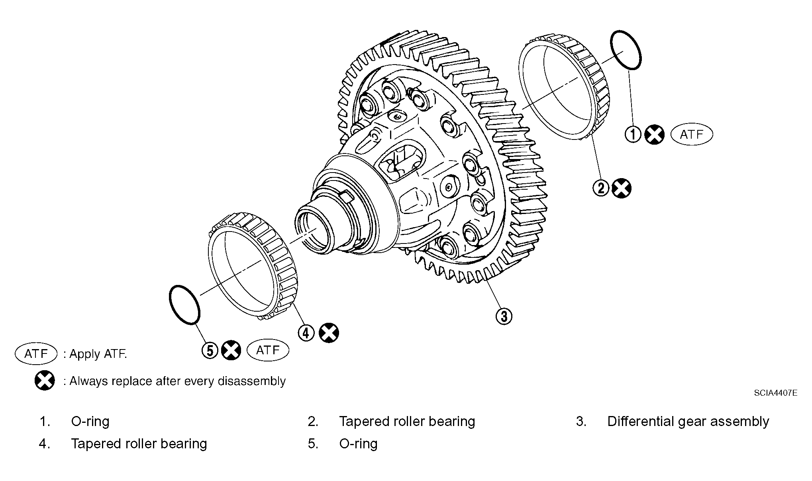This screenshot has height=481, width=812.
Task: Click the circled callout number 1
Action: point(633,134)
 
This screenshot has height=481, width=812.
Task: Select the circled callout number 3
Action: point(504,316)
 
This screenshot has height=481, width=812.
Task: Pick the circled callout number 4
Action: point(306,333)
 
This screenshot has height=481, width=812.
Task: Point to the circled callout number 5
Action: point(210,351)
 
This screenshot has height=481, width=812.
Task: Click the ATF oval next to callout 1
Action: point(692,134)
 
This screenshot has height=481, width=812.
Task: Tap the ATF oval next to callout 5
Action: point(268,350)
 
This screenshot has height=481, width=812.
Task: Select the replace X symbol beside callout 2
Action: point(622,188)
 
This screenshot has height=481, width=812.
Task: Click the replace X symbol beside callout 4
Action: point(329,333)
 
